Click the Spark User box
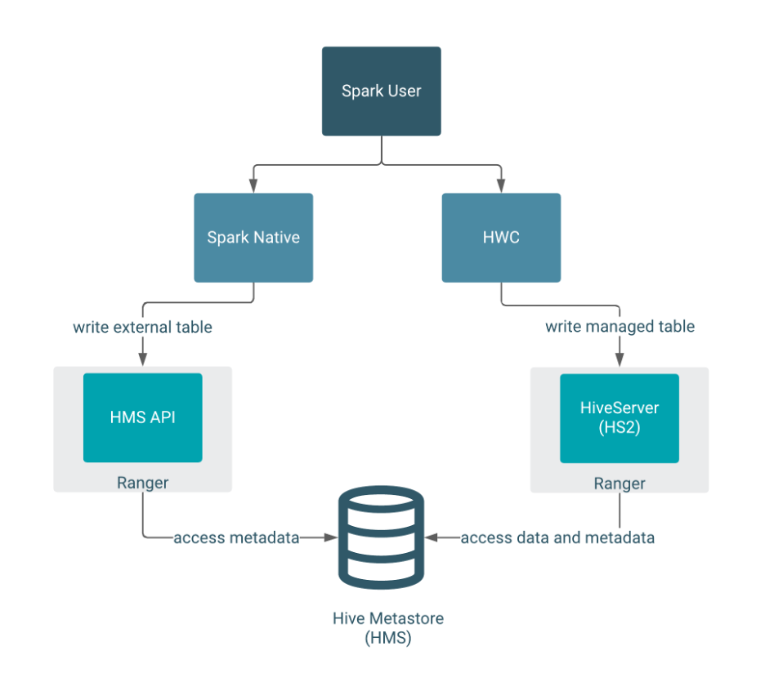click(x=381, y=91)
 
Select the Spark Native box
click(x=253, y=238)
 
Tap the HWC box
click(x=501, y=238)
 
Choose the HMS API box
click(x=142, y=417)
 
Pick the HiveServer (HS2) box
click(x=619, y=418)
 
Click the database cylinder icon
click(x=382, y=537)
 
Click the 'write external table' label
click(x=142, y=328)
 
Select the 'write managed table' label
click(x=620, y=327)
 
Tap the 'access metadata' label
click(x=236, y=537)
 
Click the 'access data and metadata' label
click(x=557, y=537)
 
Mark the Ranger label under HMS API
click(x=142, y=483)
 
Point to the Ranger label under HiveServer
click(x=619, y=484)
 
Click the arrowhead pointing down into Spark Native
click(x=253, y=186)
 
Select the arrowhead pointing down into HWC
click(x=501, y=186)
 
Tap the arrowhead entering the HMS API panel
click(x=142, y=360)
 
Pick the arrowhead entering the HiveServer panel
click(x=619, y=360)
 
